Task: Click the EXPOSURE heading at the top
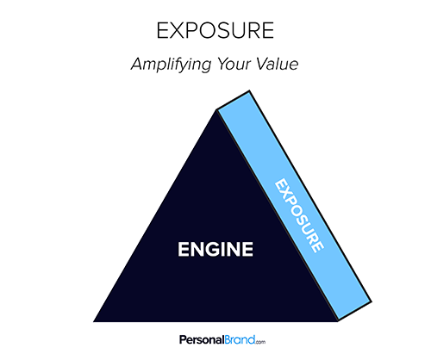[215, 30]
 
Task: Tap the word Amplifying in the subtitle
[172, 65]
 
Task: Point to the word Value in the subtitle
[277, 64]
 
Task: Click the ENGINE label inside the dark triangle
[215, 249]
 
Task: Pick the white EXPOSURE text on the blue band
[300, 215]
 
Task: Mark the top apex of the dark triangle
[216, 110]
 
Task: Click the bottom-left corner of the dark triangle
[93, 321]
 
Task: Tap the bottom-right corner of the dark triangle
[338, 321]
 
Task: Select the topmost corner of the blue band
[249, 90]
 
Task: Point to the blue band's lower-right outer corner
[372, 301]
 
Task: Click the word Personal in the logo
[202, 340]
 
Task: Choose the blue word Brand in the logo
[240, 339]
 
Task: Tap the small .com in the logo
[260, 342]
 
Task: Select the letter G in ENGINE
[216, 249]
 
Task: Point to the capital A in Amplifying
[139, 64]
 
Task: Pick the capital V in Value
[263, 64]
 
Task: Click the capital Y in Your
[223, 64]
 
